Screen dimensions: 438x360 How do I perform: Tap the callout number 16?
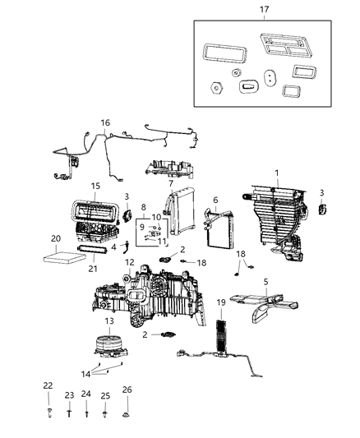pyautogui.click(x=104, y=123)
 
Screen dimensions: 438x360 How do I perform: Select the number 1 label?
pyautogui.click(x=277, y=173)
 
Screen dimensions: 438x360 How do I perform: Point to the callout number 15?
pyautogui.click(x=95, y=187)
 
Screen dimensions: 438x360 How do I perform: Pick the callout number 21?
pyautogui.click(x=92, y=267)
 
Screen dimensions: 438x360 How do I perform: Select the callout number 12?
pyautogui.click(x=128, y=262)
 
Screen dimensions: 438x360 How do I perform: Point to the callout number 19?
pyautogui.click(x=220, y=303)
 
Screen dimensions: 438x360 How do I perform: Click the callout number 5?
pyautogui.click(x=265, y=283)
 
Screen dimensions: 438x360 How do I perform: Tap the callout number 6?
pyautogui.click(x=215, y=200)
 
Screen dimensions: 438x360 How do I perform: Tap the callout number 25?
pyautogui.click(x=105, y=395)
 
